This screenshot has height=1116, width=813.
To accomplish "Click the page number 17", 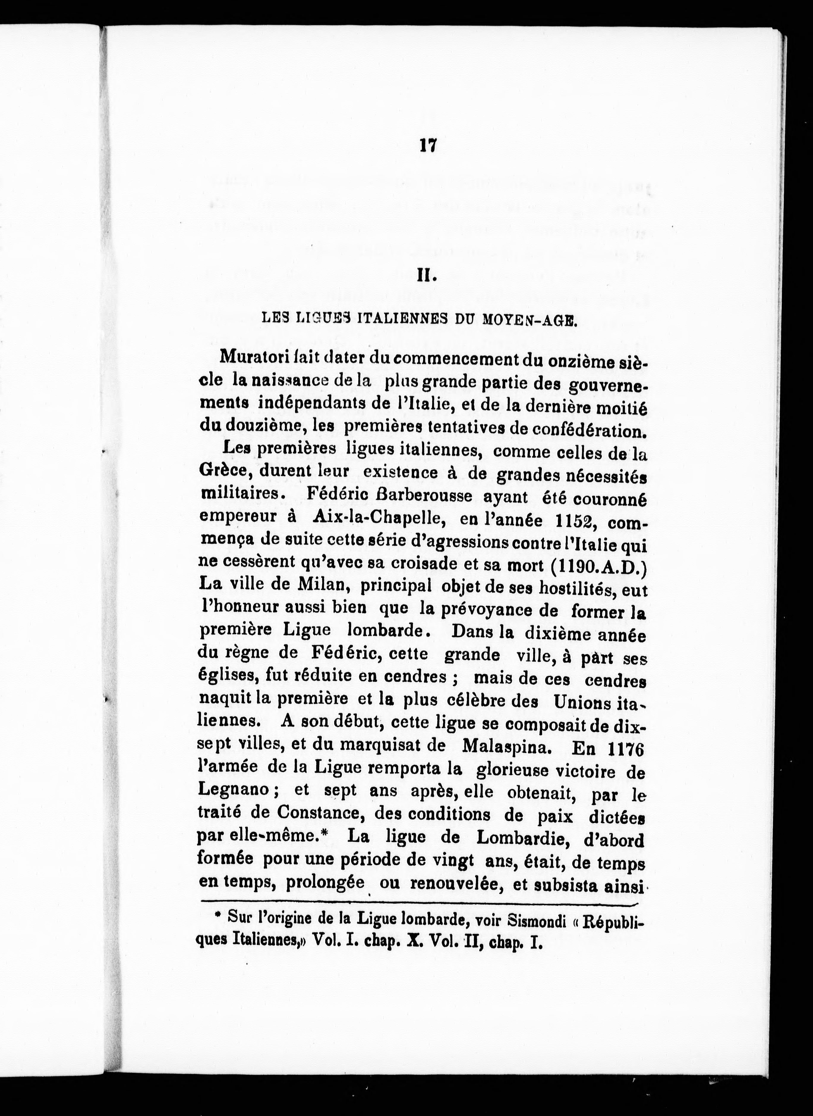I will pyautogui.click(x=426, y=146).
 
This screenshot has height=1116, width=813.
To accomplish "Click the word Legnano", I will pyautogui.click(x=233, y=789).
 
